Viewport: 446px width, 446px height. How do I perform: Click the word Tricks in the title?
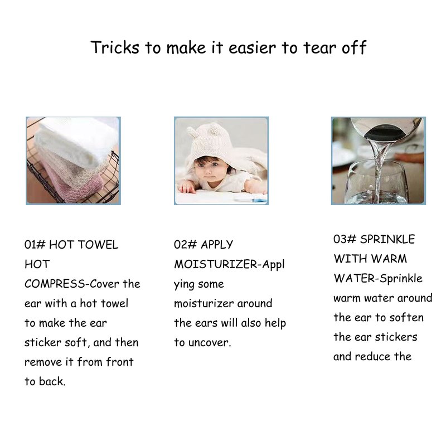[115, 47]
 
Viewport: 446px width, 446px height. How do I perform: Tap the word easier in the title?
[253, 48]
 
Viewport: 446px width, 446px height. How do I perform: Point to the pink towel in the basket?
[71, 182]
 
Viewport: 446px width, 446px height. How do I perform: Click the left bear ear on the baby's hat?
[192, 132]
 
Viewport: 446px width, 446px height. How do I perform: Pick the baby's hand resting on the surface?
[186, 187]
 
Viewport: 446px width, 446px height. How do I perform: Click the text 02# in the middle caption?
[185, 244]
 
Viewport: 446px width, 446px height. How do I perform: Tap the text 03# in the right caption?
[345, 239]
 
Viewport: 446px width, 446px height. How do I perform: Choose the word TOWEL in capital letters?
[98, 245]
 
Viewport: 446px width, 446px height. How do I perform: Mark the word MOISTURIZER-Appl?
[229, 264]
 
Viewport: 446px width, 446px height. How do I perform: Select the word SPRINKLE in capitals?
[387, 239]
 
